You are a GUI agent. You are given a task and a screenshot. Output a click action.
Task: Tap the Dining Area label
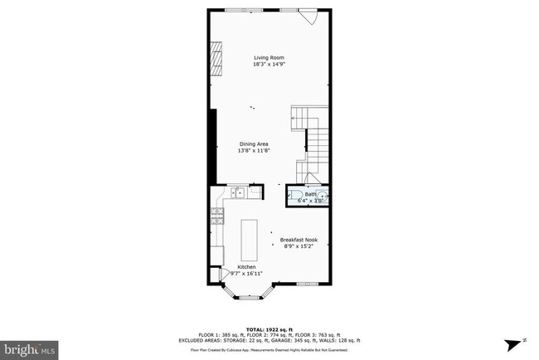(253, 143)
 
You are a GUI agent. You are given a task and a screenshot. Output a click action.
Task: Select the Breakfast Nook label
(299, 240)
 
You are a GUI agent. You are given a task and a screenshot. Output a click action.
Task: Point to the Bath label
(309, 194)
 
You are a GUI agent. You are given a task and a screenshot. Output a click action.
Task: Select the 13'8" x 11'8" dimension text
(253, 150)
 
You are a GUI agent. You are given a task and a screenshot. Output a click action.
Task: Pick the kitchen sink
(236, 193)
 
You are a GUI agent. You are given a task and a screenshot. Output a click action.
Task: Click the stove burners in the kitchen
(217, 217)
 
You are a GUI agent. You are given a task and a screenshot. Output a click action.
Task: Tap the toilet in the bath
(297, 197)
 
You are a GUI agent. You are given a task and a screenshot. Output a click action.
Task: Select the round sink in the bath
(324, 197)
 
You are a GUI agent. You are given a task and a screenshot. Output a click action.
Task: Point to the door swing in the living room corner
(311, 17)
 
